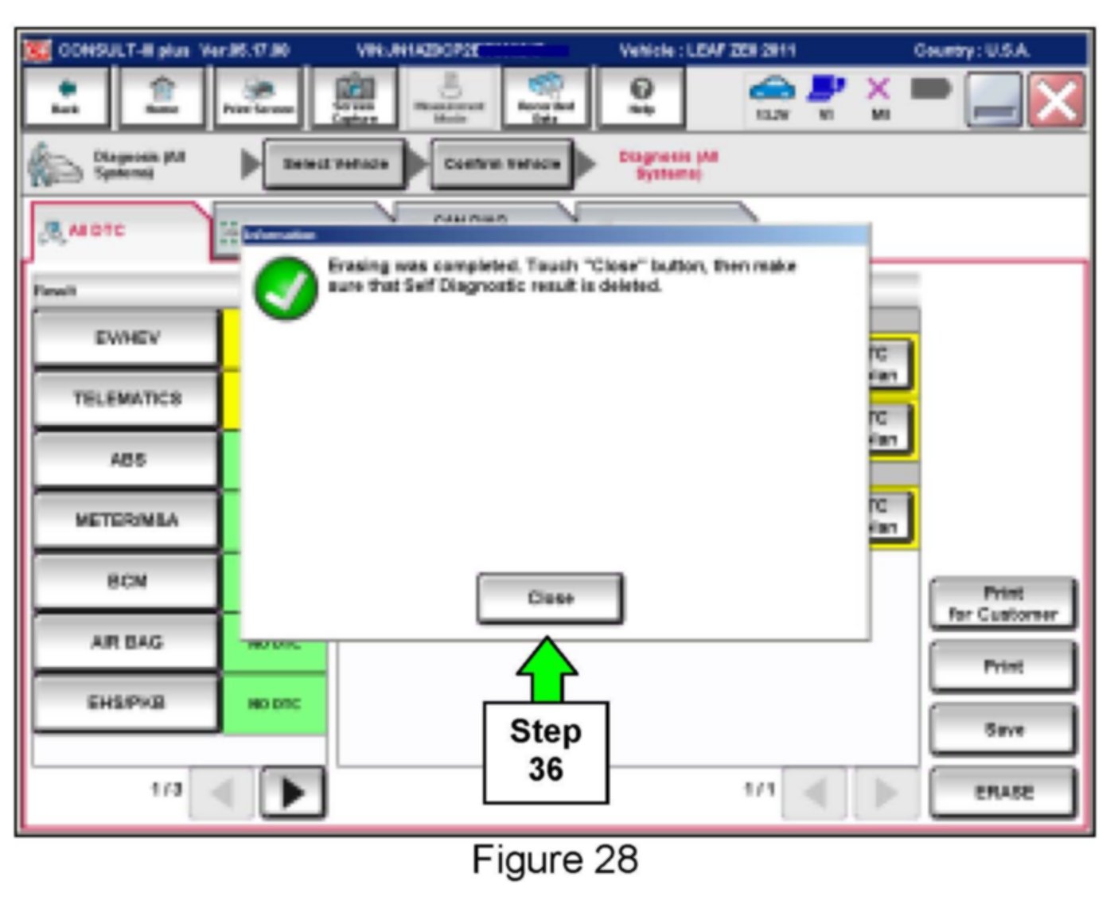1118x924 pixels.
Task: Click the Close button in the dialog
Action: pyautogui.click(x=550, y=598)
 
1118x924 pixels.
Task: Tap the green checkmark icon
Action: pyautogui.click(x=285, y=289)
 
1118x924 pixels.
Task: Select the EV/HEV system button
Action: pyautogui.click(x=126, y=338)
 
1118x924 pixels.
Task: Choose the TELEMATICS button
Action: pyautogui.click(x=126, y=398)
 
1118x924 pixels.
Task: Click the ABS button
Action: pyautogui.click(x=126, y=459)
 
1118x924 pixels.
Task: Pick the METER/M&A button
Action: pyautogui.click(x=126, y=520)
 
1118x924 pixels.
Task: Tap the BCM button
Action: pyautogui.click(x=126, y=581)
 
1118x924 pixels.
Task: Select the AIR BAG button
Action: pyautogui.click(x=126, y=641)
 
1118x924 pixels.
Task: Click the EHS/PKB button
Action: pyautogui.click(x=126, y=703)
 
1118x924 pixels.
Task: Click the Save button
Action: pyautogui.click(x=1003, y=729)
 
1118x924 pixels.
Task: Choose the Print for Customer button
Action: pyautogui.click(x=1003, y=603)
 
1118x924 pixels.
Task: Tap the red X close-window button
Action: pyautogui.click(x=1056, y=100)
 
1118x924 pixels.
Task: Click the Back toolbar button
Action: pyautogui.click(x=66, y=96)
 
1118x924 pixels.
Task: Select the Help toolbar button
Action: pyautogui.click(x=641, y=96)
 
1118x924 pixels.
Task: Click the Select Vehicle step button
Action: pyautogui.click(x=335, y=164)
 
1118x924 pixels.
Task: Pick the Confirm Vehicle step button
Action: pyautogui.click(x=502, y=164)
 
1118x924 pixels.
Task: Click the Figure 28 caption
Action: pyautogui.click(x=555, y=860)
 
